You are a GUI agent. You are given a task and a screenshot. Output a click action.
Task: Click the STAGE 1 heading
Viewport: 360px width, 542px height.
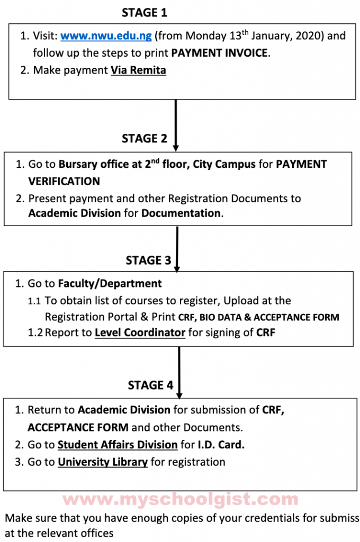(144, 13)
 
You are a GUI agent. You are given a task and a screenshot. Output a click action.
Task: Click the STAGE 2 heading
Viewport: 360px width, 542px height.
(144, 139)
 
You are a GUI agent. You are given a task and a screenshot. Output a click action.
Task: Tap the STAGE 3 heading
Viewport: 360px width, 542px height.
(148, 260)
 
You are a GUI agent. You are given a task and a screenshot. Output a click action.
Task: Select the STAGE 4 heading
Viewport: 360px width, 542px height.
(150, 385)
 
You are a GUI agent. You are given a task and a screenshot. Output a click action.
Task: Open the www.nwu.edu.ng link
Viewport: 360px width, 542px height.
(106, 36)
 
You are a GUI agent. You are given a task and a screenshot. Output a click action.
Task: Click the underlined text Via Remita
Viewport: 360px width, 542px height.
(138, 70)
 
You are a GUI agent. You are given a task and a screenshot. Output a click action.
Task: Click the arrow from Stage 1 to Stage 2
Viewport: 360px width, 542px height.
(176, 124)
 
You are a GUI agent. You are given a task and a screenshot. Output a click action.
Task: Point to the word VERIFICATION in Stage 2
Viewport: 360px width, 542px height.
(64, 182)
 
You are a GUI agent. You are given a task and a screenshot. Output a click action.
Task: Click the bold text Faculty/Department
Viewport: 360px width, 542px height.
(110, 284)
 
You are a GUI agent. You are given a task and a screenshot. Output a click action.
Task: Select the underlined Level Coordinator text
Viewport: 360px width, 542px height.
(140, 333)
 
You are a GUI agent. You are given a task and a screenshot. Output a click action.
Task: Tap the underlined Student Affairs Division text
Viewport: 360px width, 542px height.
(118, 445)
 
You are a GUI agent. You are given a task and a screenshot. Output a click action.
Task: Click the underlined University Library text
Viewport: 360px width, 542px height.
(103, 462)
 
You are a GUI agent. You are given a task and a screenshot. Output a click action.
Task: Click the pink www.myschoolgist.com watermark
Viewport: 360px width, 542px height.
(180, 499)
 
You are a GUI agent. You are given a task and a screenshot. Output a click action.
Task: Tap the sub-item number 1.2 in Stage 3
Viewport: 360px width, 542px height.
(35, 333)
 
